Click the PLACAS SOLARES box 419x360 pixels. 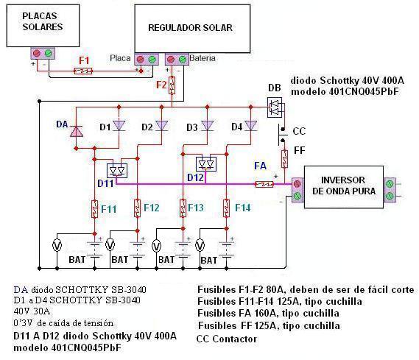(x=43, y=26)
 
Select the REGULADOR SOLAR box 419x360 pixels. (x=192, y=28)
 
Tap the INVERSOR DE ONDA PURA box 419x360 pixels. (x=344, y=187)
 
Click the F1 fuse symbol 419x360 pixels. (x=82, y=71)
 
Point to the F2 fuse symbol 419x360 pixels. (x=172, y=85)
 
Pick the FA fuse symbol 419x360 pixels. (x=264, y=184)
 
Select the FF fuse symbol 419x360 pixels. (x=284, y=159)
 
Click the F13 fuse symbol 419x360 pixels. (x=183, y=208)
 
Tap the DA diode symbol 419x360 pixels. (x=76, y=131)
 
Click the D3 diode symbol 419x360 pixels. (x=208, y=125)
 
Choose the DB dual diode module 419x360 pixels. (x=275, y=107)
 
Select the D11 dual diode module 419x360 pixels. (x=117, y=171)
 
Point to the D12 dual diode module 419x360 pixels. (x=206, y=164)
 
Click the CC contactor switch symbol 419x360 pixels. (x=283, y=135)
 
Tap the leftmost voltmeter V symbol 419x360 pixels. (x=57, y=246)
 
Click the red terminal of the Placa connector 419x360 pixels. (x=141, y=60)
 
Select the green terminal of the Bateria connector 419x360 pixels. (x=183, y=60)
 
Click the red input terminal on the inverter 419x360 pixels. (x=297, y=184)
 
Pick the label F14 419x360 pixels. (x=242, y=208)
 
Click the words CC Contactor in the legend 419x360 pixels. (x=227, y=339)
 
